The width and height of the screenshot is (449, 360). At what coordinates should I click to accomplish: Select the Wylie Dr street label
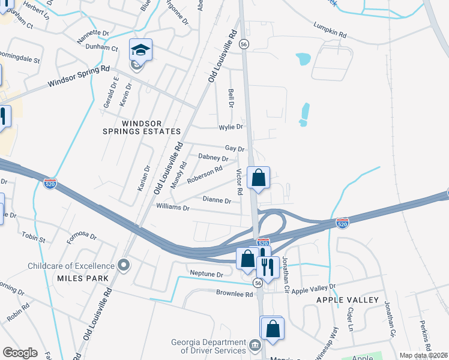pyautogui.click(x=231, y=127)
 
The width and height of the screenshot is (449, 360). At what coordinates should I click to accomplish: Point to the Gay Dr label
pyautogui.click(x=235, y=148)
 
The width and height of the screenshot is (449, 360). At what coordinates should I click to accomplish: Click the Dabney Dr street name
pyautogui.click(x=213, y=159)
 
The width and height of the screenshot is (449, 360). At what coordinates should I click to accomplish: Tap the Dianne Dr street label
pyautogui.click(x=217, y=200)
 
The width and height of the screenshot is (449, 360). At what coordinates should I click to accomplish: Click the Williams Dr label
pyautogui.click(x=172, y=208)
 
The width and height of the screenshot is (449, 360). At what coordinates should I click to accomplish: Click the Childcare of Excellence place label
pyautogui.click(x=71, y=266)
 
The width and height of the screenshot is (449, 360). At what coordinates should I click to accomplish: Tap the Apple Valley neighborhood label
pyautogui.click(x=348, y=299)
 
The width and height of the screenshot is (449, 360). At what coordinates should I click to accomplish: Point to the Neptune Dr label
pyautogui.click(x=206, y=274)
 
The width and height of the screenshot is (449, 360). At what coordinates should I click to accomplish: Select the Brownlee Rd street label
pyautogui.click(x=234, y=293)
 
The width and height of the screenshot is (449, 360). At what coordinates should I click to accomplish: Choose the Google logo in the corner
pyautogui.click(x=20, y=352)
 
